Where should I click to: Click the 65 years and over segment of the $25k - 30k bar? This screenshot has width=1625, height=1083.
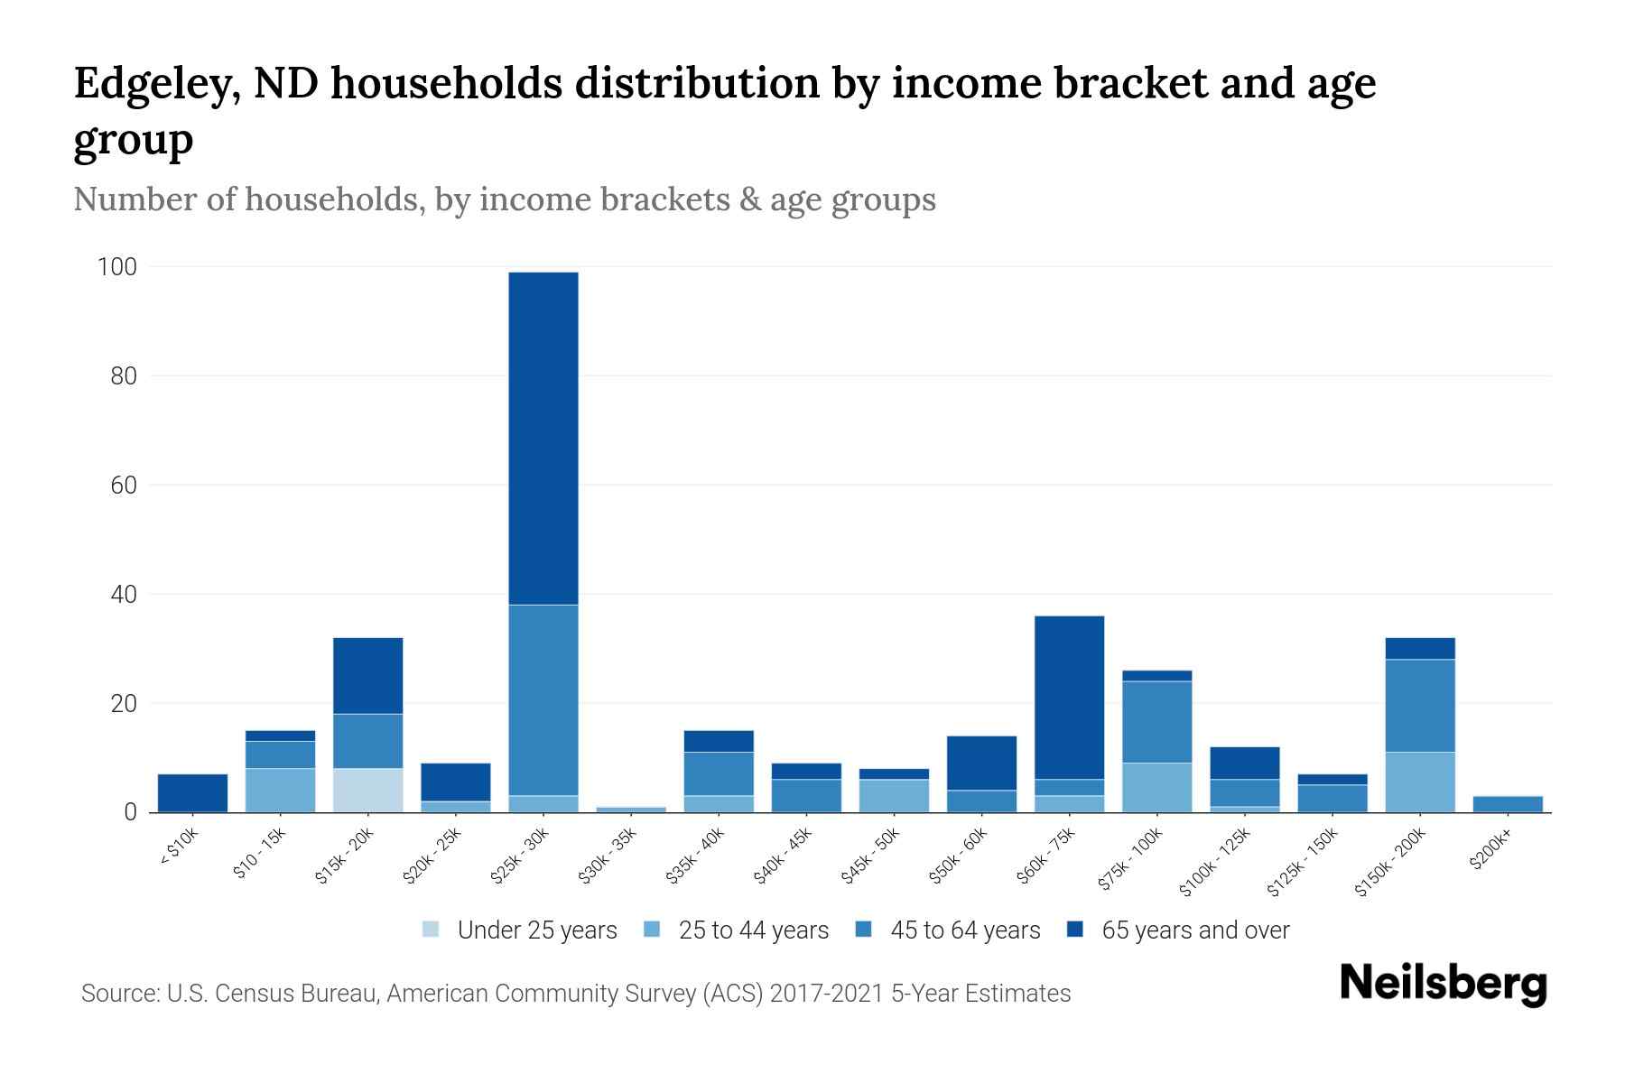click(543, 438)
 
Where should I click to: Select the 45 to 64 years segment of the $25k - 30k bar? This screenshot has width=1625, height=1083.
click(543, 699)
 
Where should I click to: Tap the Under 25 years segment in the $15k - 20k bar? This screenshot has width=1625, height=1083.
click(367, 790)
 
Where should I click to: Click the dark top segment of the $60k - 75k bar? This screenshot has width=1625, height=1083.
click(1069, 697)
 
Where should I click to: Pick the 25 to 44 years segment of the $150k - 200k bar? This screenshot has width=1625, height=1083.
click(1419, 782)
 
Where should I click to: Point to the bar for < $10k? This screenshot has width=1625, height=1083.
click(192, 792)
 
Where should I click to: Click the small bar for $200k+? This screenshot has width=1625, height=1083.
click(1507, 804)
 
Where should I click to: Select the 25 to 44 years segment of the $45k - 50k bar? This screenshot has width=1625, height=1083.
click(894, 795)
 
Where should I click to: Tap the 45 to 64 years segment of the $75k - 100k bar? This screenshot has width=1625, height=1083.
click(1156, 722)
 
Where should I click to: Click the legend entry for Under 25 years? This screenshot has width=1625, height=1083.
click(537, 930)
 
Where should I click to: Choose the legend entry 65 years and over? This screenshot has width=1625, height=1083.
click(1194, 930)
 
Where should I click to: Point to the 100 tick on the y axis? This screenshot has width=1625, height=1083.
click(117, 267)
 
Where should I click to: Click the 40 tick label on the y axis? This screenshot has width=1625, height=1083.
click(124, 595)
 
